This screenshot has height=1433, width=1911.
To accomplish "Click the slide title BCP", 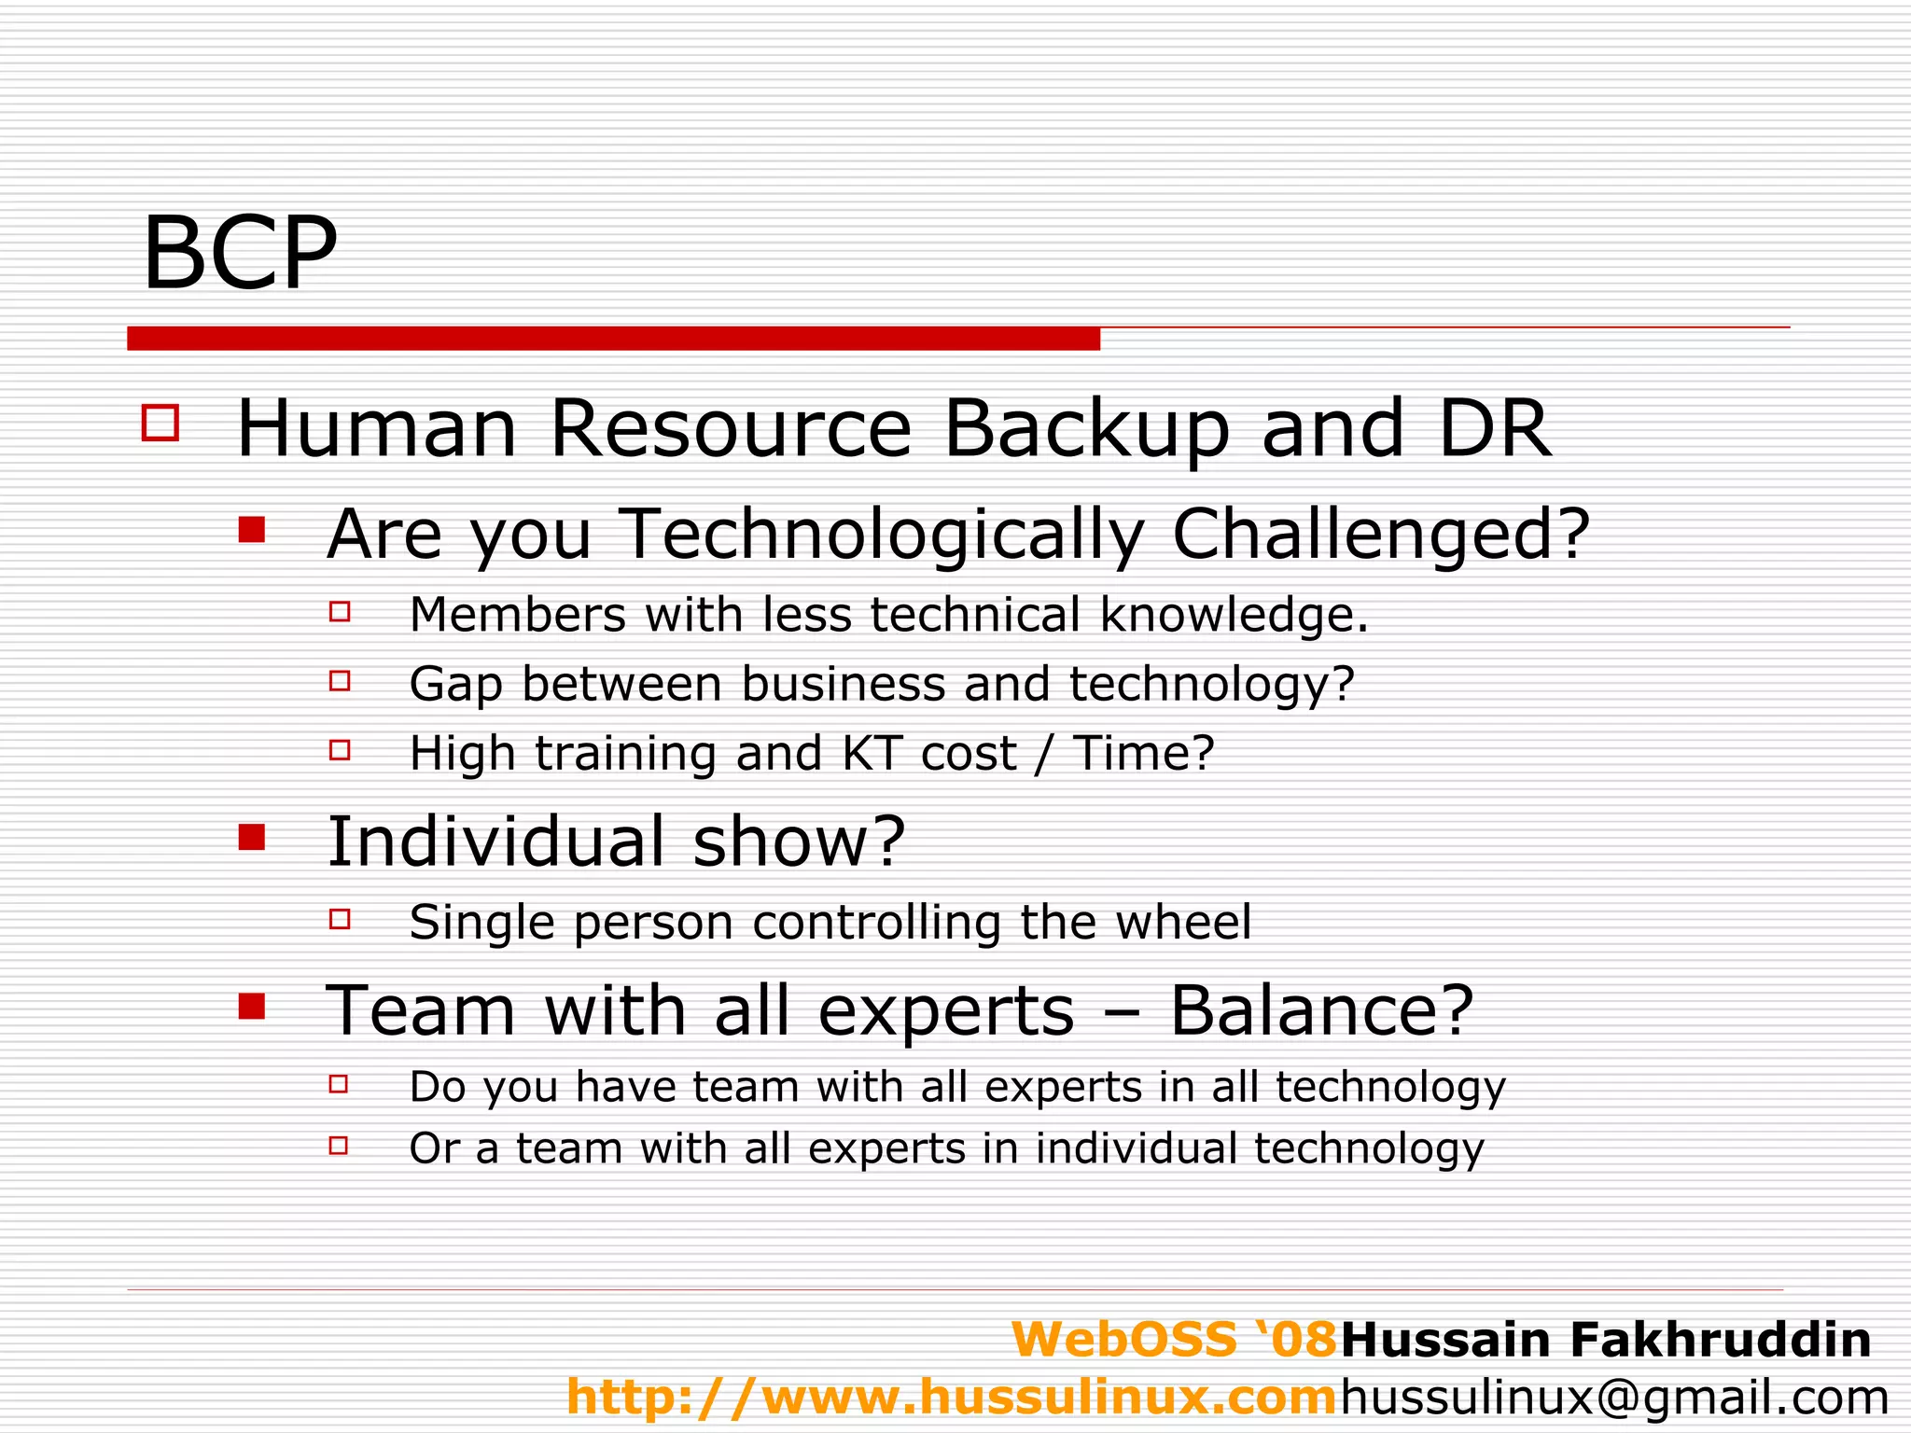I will coord(239,254).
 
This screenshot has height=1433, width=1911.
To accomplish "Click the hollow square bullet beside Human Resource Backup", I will coord(160,423).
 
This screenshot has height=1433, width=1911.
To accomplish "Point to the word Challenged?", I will coord(1380,535).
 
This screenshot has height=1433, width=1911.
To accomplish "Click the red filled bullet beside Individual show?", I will coord(252,837).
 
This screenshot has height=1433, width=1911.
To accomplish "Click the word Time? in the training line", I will coord(1144,753).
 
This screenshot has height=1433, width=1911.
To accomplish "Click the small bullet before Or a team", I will coord(339,1145).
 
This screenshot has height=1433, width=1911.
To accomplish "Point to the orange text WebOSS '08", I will coord(1175,1340).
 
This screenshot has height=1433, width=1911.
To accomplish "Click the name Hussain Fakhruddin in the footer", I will coord(1606,1340).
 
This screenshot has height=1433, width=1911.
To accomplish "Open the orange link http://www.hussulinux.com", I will coord(952,1398).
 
